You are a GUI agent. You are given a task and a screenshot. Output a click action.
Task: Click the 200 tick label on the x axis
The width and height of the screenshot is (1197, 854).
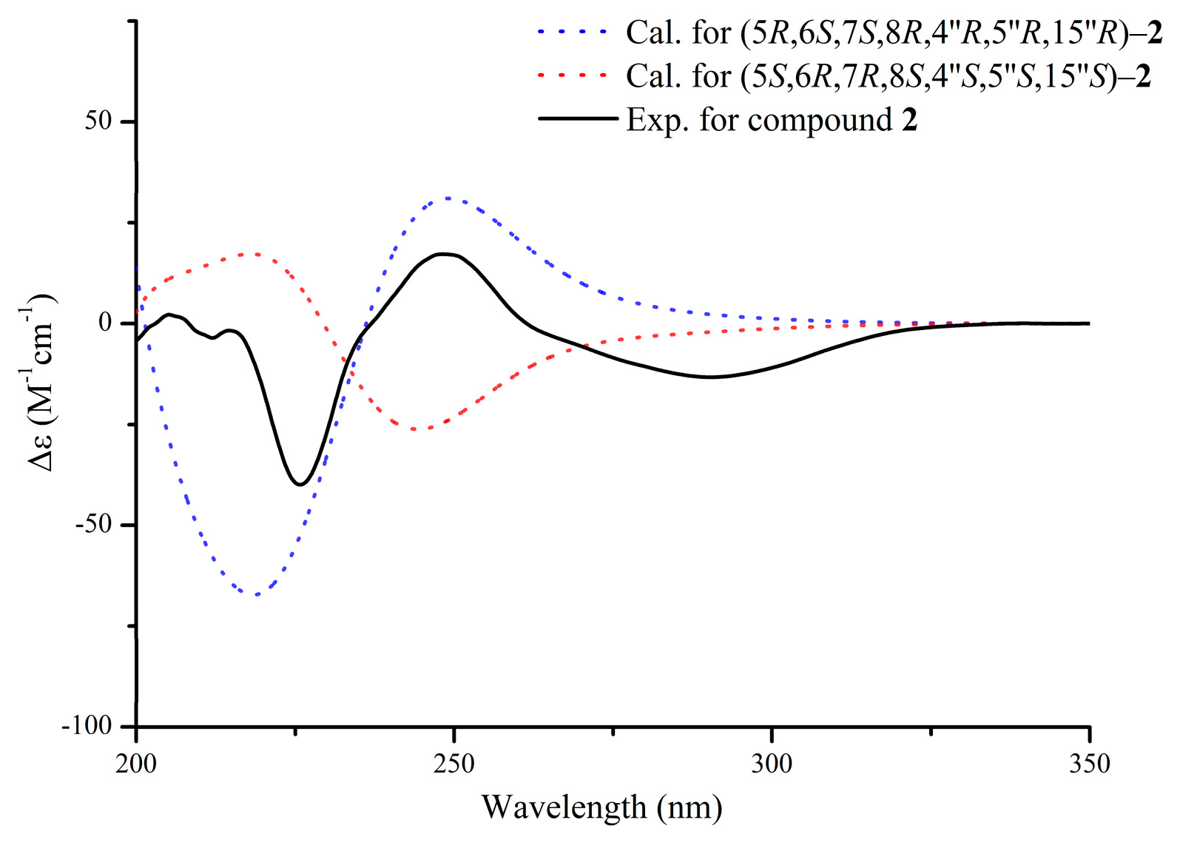click(x=136, y=763)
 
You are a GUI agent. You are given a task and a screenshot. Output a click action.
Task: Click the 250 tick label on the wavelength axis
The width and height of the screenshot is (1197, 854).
click(x=453, y=763)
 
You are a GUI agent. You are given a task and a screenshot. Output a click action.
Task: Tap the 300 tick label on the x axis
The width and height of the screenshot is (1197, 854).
click(x=772, y=763)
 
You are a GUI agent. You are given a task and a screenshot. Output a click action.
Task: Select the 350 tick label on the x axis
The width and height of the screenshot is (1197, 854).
click(x=1089, y=763)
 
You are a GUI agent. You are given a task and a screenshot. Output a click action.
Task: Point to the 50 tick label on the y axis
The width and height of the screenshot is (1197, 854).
click(x=98, y=121)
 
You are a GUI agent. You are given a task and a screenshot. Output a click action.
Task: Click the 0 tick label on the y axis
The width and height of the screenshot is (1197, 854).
click(x=105, y=323)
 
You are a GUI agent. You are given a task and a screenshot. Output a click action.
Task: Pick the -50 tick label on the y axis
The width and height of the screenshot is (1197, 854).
click(x=93, y=525)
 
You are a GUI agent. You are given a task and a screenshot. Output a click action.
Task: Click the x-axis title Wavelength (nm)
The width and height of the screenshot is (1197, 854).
click(x=601, y=807)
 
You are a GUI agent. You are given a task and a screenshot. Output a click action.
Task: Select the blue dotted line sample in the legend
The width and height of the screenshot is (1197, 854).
click(x=574, y=33)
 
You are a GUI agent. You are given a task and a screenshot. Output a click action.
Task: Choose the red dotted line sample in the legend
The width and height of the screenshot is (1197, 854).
click(x=574, y=75)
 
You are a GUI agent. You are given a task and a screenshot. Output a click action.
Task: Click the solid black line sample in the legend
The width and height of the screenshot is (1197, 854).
click(x=577, y=118)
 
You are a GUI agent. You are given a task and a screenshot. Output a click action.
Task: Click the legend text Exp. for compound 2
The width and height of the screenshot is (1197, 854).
click(x=772, y=120)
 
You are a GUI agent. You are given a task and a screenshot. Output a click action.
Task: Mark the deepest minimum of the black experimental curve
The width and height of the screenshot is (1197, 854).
click(x=300, y=485)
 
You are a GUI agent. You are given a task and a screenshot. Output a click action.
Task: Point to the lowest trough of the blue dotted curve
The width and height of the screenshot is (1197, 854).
click(x=254, y=594)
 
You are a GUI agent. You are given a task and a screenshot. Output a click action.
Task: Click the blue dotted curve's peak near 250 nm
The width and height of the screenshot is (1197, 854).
click(x=448, y=198)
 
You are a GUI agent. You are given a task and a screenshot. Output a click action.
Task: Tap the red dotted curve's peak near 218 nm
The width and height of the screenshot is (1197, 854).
click(x=252, y=254)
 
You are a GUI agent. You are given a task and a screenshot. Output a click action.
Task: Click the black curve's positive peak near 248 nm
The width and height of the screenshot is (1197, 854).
click(x=442, y=254)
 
